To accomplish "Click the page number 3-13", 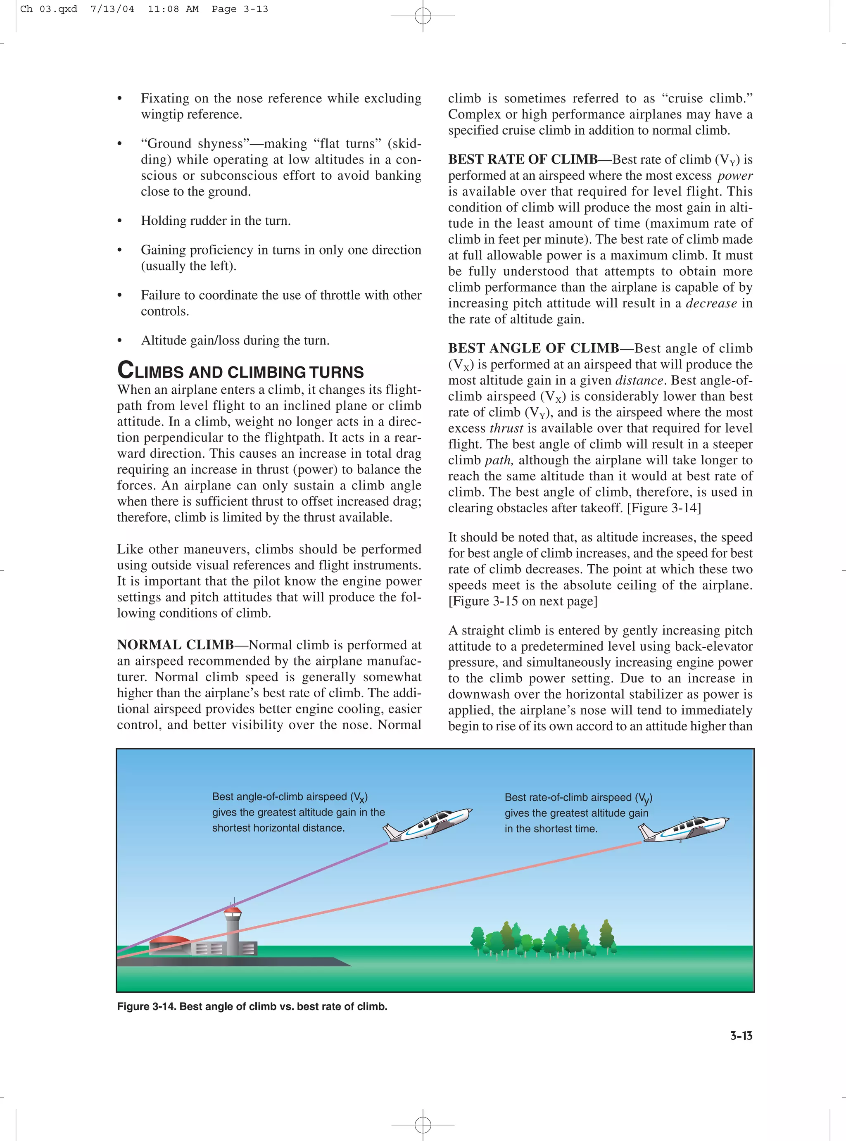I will coord(741,1036).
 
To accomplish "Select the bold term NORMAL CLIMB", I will coord(175,645).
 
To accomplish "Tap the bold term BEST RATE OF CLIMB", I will coord(523,159).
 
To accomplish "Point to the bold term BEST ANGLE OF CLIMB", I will coord(533,348).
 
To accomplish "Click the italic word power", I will coord(735,176).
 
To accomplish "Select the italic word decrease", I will coord(711,303).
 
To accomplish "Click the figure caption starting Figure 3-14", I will coord(252,1006).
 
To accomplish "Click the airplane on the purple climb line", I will coord(428,824).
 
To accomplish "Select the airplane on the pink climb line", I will coord(684,829).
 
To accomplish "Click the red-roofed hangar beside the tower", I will coord(169,941).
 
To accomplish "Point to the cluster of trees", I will coord(543,939).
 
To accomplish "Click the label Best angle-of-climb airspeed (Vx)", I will coord(290,797).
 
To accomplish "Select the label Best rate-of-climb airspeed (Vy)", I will coord(577,798).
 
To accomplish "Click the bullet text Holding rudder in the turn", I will coord(216,221).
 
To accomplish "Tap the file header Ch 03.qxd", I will coord(49,9).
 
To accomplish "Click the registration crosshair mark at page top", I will coord(423,16).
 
